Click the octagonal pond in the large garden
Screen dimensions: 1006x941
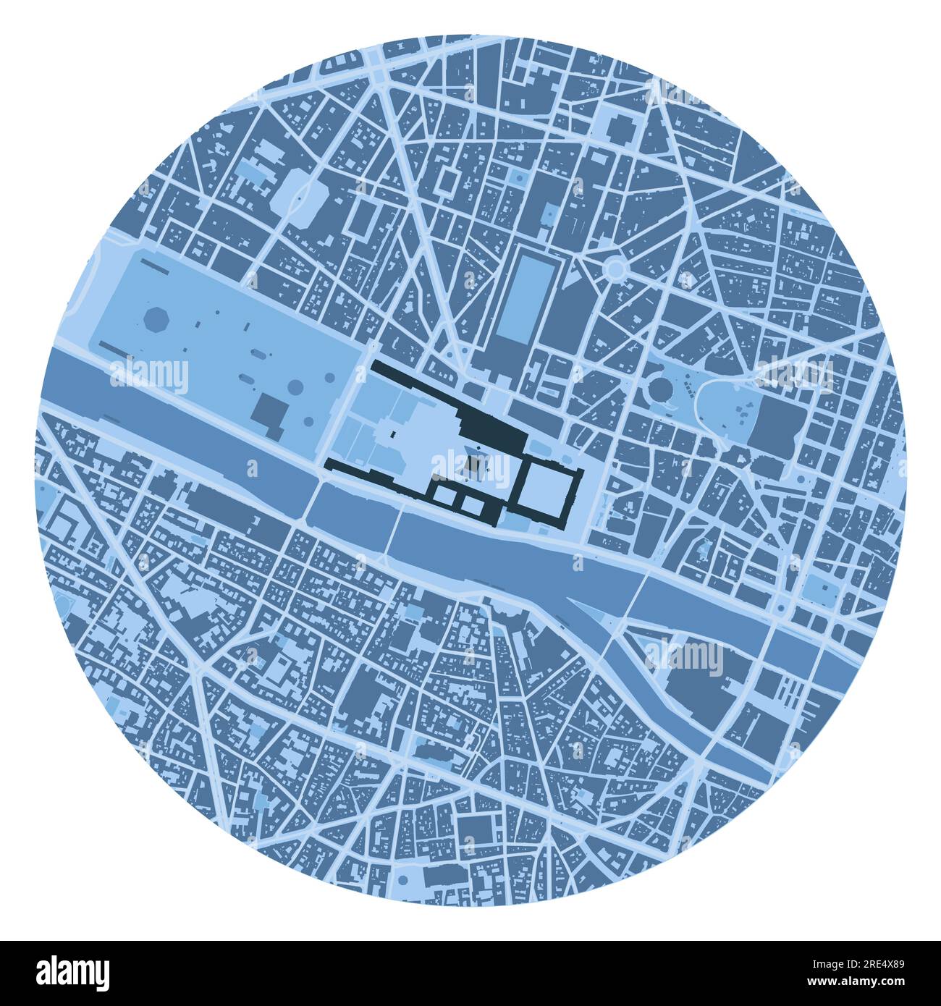tap(155, 319)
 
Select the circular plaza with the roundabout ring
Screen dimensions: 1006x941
tap(615, 269)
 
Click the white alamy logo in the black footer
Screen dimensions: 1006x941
tap(72, 971)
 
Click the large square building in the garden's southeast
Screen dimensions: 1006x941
tap(269, 412)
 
